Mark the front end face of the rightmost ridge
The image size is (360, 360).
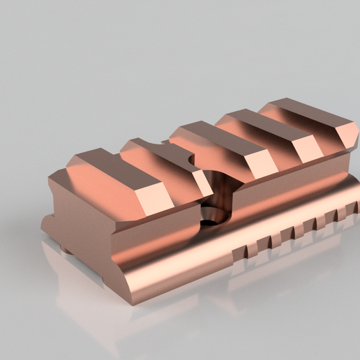point(342,135)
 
